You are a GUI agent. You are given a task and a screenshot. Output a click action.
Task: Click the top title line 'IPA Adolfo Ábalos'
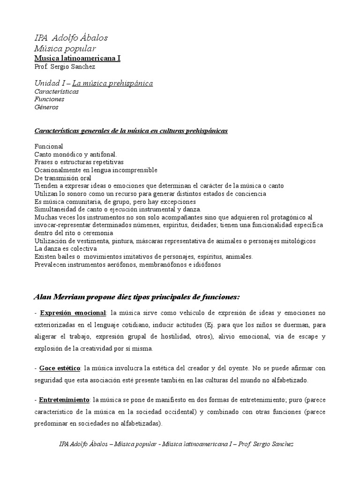click(x=71, y=38)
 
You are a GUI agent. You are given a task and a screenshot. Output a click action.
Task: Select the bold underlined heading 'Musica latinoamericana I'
click(x=77, y=58)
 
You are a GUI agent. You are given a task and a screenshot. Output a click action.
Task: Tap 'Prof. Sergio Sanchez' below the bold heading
click(x=65, y=67)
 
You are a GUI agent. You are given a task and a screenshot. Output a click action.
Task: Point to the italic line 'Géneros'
click(x=46, y=107)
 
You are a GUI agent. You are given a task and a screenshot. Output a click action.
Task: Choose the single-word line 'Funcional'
click(x=49, y=147)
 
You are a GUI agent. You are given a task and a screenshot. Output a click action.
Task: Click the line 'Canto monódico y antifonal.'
click(x=76, y=154)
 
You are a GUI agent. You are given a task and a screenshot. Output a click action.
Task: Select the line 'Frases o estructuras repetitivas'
click(x=82, y=162)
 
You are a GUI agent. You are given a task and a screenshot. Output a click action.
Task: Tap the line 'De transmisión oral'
click(x=63, y=178)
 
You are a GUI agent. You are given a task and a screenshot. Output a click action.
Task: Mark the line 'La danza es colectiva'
click(x=66, y=248)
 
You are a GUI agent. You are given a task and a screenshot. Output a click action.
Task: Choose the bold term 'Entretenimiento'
click(x=65, y=400)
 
